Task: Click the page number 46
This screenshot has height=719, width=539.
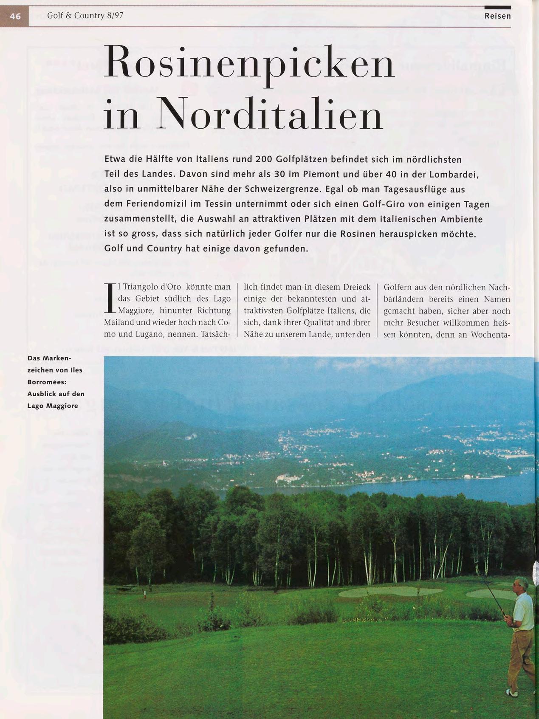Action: coord(15,16)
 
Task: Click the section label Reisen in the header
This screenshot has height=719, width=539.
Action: coord(497,16)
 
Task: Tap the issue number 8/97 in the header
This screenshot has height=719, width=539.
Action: coord(115,16)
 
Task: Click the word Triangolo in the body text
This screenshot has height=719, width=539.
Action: coord(140,287)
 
